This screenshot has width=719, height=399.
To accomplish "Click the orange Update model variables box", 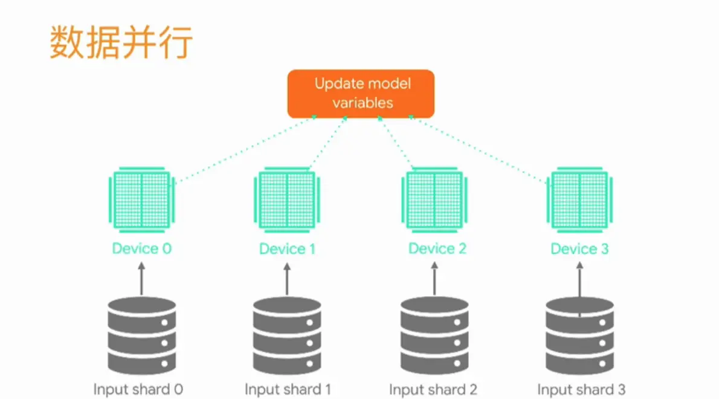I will click(x=361, y=94).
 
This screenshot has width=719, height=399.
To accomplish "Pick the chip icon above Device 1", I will click(x=287, y=200).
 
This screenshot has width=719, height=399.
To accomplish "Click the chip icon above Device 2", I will click(x=434, y=200).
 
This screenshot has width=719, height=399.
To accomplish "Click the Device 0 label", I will click(x=141, y=248).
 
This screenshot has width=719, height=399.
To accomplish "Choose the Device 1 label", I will click(x=287, y=248).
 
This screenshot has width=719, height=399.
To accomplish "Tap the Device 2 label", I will click(x=437, y=248).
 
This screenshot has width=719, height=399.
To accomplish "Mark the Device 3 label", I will click(x=579, y=248).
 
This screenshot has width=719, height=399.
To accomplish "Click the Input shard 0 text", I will click(x=138, y=389).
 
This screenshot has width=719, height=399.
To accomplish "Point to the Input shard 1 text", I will click(x=288, y=389).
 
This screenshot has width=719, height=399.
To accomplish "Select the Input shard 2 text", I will click(x=433, y=389).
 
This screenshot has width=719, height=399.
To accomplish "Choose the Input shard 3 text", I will click(x=581, y=389).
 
